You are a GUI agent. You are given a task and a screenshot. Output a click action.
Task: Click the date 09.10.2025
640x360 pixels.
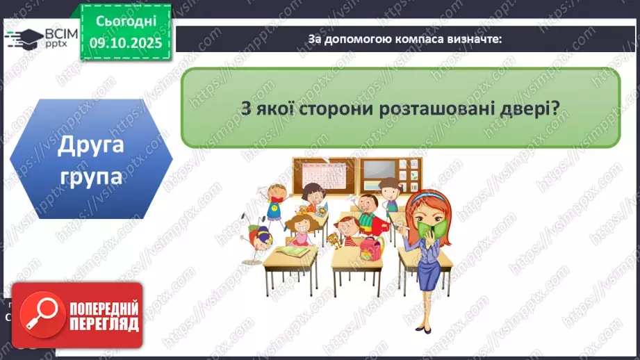coord(126,42)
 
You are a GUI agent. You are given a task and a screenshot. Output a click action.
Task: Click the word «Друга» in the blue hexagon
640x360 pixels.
coord(91,147)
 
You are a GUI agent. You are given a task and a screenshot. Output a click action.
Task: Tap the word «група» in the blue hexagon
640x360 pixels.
coord(91,177)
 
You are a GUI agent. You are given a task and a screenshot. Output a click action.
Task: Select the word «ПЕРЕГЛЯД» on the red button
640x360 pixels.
coord(104,325)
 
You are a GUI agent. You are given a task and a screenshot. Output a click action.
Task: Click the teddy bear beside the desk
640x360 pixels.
coord(334,240)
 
